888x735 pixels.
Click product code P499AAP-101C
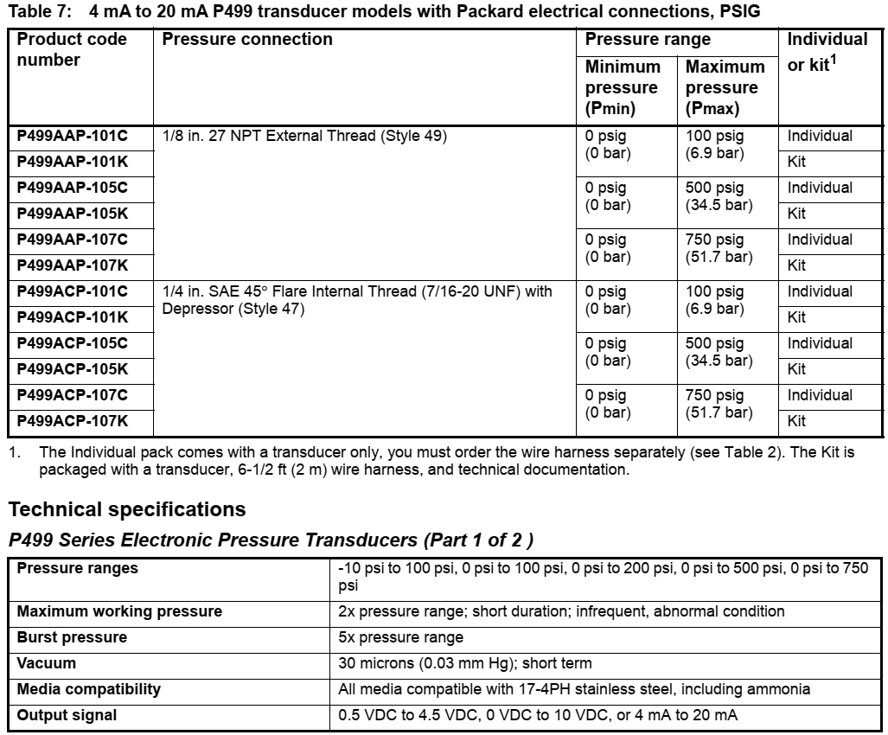point(73,136)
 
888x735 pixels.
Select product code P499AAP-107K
point(73,265)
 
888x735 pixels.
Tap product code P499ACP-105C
point(73,343)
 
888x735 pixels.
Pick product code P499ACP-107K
point(73,421)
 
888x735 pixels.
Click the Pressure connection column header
point(247,40)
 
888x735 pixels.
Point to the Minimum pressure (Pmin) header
point(623,87)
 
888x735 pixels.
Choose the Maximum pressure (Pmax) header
point(725,87)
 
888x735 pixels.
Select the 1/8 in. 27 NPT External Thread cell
point(304,136)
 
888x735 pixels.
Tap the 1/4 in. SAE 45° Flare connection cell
point(356,299)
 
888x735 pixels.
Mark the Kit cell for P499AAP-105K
point(796,214)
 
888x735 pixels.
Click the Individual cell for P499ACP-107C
point(819,395)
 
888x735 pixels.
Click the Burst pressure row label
point(73,637)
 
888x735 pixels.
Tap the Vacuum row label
point(47,663)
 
